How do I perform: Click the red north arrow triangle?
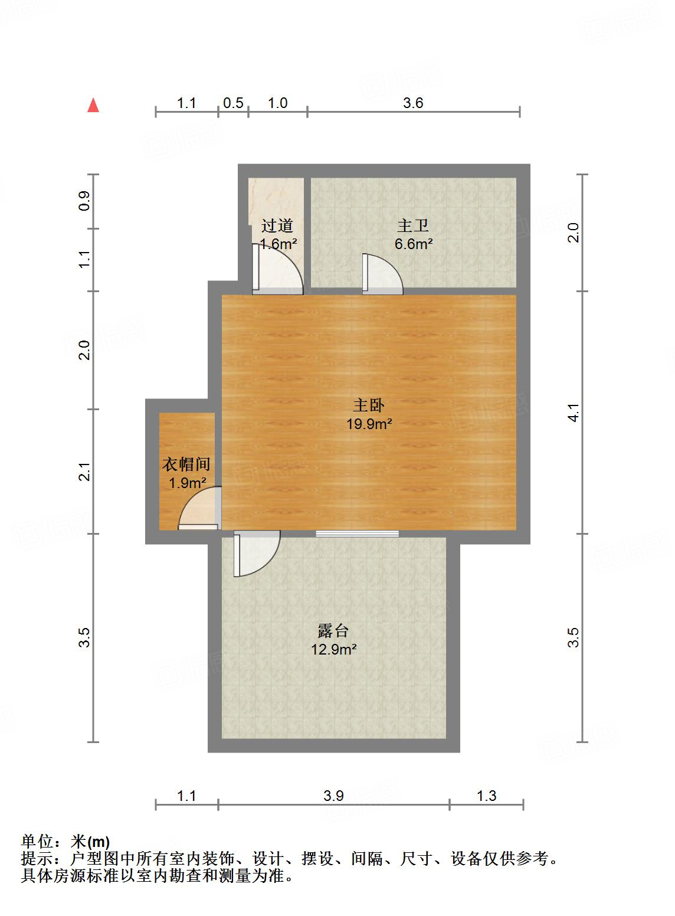pos(93,106)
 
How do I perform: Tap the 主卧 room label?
pos(369,405)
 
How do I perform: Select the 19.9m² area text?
pos(369,424)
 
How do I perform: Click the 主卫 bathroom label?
pos(413,225)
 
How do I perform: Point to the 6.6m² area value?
pos(414,244)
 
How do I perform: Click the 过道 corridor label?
pos(277,225)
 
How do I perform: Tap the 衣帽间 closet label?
pos(186,464)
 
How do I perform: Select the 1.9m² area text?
pos(187,483)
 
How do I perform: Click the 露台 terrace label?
pos(333,631)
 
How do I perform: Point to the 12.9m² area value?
pos(333,650)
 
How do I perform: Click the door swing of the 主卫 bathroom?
pos(382,274)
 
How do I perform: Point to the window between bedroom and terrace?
pos(357,534)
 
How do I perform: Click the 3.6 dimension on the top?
pos(413,103)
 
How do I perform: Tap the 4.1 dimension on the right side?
pos(574,412)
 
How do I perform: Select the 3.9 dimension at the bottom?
pos(333,796)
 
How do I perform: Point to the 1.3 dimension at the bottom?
pos(486,796)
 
